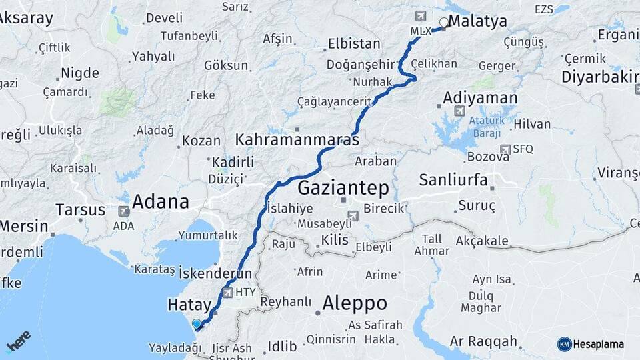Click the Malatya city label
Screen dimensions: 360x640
click(477, 21)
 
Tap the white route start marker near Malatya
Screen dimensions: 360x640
click(444, 22)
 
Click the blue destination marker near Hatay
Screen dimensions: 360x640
click(197, 325)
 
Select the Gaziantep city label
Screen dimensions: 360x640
click(343, 187)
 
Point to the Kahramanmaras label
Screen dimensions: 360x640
click(297, 141)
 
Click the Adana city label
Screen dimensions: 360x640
click(161, 201)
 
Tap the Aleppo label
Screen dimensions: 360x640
click(354, 303)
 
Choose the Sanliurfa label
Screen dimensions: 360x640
click(453, 180)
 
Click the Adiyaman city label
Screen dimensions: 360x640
click(480, 99)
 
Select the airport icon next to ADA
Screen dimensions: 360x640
click(124, 211)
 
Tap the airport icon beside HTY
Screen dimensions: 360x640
click(229, 292)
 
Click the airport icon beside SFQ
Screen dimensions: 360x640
click(505, 149)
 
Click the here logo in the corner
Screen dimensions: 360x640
click(18, 341)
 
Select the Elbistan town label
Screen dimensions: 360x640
click(354, 45)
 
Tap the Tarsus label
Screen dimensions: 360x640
click(80, 210)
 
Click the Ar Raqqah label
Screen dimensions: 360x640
click(483, 342)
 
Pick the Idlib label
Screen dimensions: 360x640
click(281, 346)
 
